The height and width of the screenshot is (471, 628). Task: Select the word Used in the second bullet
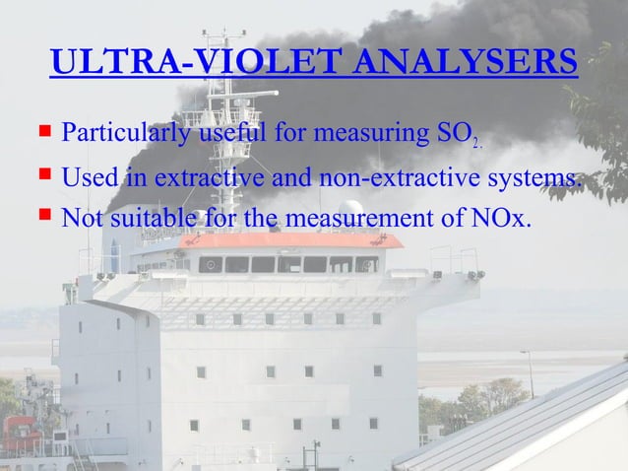coord(88,179)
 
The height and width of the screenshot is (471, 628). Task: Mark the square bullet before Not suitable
coord(44,215)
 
